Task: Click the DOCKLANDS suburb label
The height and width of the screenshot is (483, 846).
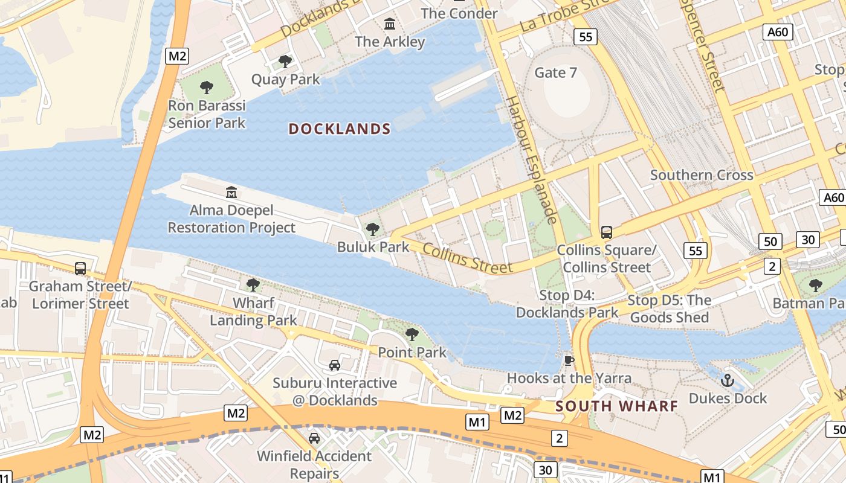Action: pos(340,129)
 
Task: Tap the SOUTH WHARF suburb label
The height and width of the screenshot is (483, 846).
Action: pos(617,406)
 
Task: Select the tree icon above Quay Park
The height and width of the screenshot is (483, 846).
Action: pos(285,62)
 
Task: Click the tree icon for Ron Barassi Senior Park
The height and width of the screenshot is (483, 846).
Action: pos(207,88)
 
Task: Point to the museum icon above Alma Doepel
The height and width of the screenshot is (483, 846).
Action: pos(231,193)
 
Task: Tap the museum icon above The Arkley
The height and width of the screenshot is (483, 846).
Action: pos(390,24)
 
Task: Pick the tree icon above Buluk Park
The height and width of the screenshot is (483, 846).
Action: pos(373,229)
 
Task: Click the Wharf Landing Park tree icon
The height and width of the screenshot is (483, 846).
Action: pos(253,284)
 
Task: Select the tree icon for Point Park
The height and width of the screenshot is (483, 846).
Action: pos(412,334)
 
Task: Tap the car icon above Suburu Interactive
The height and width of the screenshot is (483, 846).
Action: pos(334,365)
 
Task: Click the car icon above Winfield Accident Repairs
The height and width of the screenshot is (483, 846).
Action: pos(314,438)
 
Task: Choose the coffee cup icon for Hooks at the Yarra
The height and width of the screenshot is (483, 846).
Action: pos(569,360)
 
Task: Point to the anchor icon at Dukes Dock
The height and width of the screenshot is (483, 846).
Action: pos(728,380)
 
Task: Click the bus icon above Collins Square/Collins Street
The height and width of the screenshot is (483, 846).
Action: pos(606,232)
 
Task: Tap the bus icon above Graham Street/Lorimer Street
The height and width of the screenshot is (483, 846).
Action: pos(80,268)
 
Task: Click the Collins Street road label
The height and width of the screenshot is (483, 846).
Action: pos(467,258)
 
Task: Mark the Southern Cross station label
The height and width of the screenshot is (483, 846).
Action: pos(702,175)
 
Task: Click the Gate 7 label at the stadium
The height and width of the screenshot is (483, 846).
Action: pos(556,72)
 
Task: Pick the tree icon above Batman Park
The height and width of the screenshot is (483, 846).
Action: pos(815,285)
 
